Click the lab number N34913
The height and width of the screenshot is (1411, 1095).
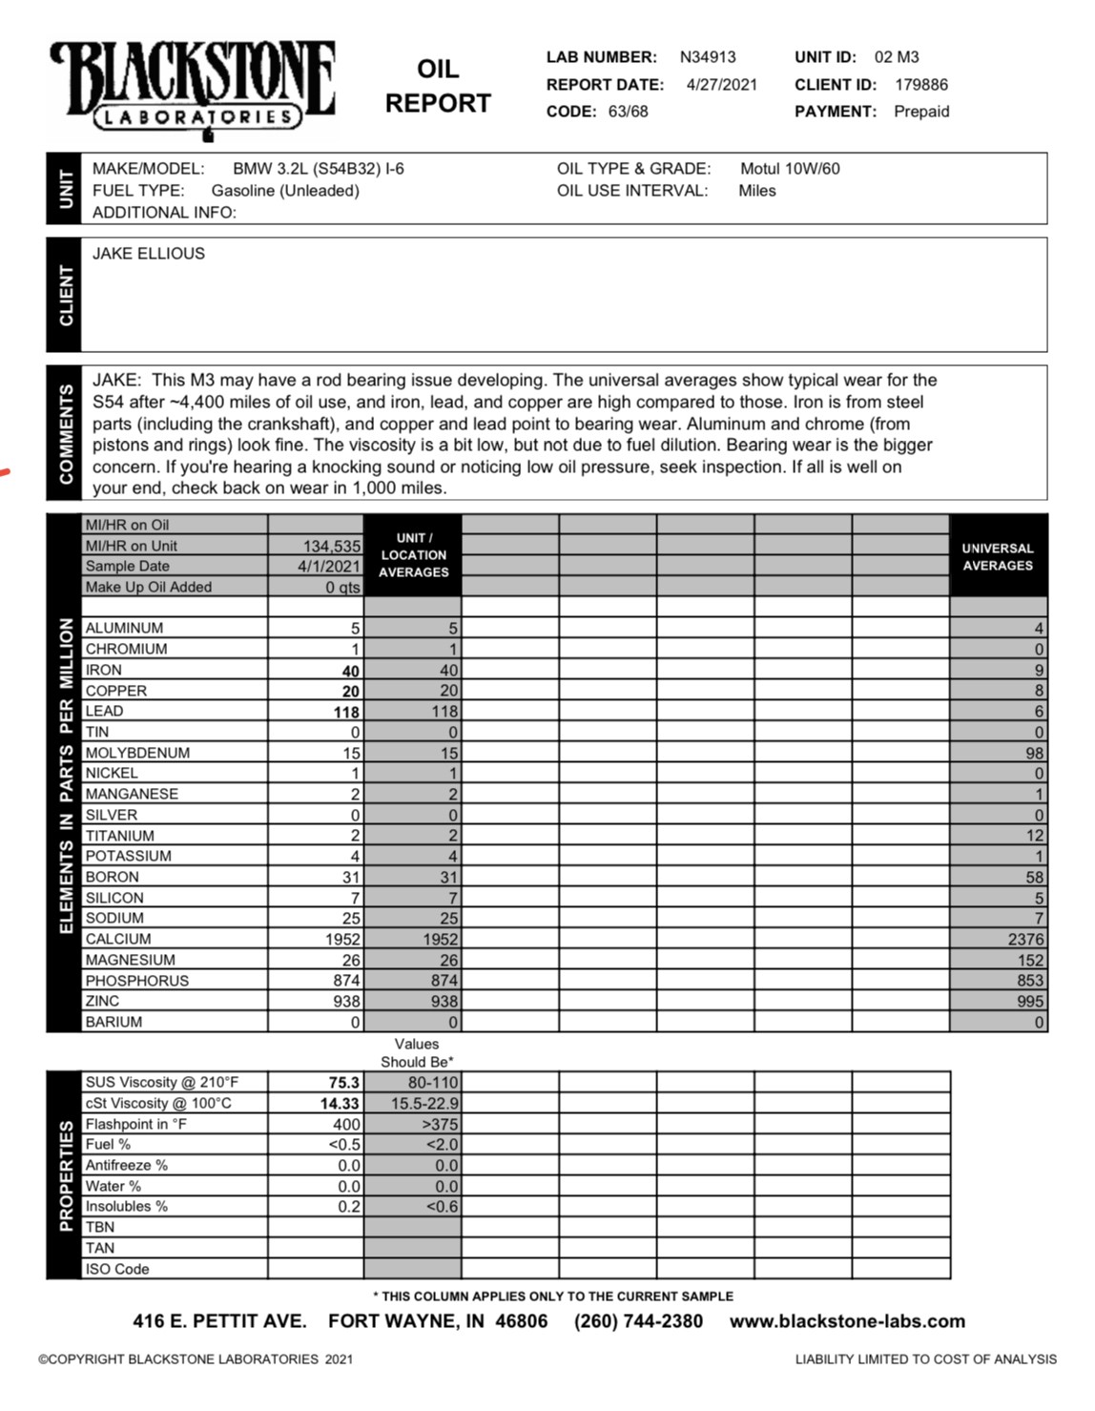click(x=708, y=57)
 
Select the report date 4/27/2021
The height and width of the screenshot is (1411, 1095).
click(x=722, y=85)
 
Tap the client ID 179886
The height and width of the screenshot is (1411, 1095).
click(x=921, y=85)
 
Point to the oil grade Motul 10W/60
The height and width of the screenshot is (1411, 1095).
click(x=790, y=169)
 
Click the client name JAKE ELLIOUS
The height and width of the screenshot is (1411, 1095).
click(x=149, y=254)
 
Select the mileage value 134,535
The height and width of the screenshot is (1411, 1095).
click(x=332, y=547)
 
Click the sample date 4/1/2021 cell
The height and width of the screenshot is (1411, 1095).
click(x=329, y=567)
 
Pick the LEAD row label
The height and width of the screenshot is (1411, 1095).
click(x=104, y=712)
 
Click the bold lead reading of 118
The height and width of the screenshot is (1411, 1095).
click(x=346, y=713)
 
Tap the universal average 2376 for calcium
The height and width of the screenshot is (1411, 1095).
click(x=1025, y=940)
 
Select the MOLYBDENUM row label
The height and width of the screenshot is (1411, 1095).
click(x=137, y=753)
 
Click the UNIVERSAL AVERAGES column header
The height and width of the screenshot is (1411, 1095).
click(x=998, y=557)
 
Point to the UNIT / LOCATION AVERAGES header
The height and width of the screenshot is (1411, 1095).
click(x=413, y=555)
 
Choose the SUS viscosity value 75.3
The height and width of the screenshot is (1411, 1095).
click(x=344, y=1083)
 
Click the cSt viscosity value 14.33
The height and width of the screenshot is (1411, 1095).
click(x=340, y=1104)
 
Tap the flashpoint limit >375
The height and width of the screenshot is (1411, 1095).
click(x=440, y=1125)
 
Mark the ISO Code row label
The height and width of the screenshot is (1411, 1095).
click(x=117, y=1270)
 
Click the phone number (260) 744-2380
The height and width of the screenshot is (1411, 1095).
click(x=638, y=1322)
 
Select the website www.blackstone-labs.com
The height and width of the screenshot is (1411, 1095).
click(x=847, y=1322)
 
